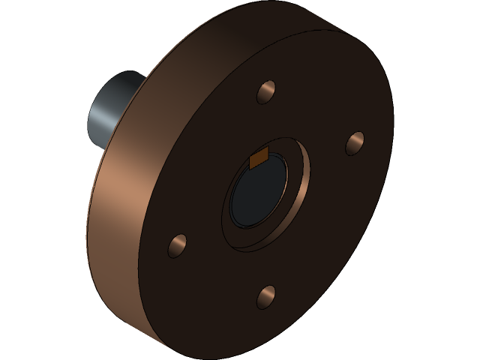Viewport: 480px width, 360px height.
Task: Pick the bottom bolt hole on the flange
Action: pos(267,297)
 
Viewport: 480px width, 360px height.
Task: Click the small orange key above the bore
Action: pos(259,159)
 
